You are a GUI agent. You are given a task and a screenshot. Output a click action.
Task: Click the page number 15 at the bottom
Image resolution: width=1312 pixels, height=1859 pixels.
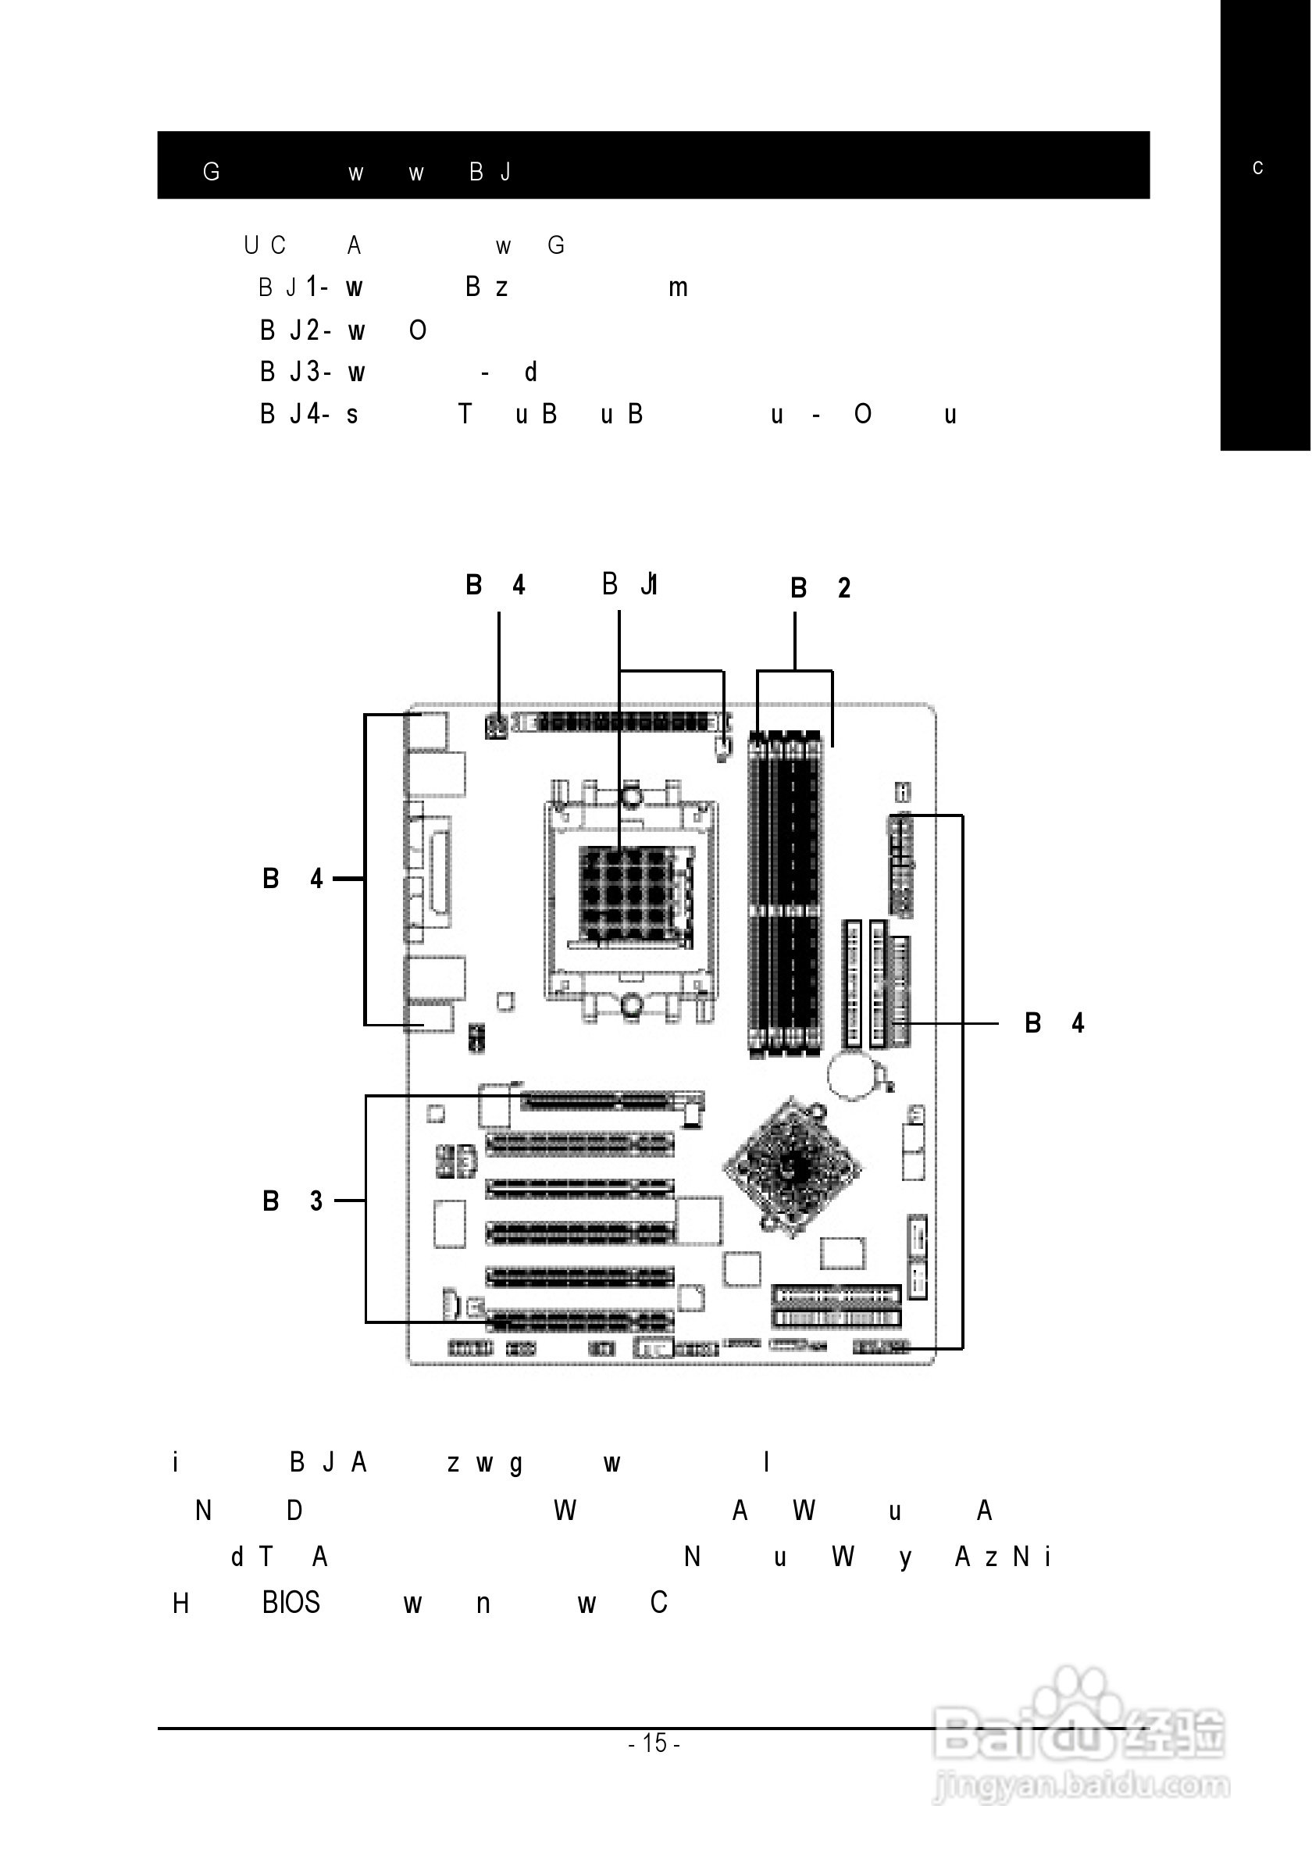654,1742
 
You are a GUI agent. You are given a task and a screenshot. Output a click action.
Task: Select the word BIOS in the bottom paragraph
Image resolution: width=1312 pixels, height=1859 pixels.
291,1602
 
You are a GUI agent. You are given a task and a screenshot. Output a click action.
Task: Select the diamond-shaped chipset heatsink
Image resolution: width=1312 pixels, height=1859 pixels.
792,1167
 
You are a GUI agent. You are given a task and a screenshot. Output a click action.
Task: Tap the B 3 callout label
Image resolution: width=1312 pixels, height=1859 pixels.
292,1201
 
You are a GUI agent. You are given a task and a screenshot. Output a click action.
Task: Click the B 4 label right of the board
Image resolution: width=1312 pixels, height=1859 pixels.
1054,1023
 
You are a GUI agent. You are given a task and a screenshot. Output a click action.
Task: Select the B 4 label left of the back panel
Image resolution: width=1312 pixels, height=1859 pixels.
292,879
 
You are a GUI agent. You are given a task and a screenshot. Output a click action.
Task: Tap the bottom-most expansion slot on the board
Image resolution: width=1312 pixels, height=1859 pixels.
579,1322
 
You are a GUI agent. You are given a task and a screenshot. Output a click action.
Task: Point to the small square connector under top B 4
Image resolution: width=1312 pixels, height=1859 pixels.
496,728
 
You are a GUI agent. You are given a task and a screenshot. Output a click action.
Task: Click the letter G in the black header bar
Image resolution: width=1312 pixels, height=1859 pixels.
211,172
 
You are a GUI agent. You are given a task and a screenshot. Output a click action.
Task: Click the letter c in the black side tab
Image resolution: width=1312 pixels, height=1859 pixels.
1257,168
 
